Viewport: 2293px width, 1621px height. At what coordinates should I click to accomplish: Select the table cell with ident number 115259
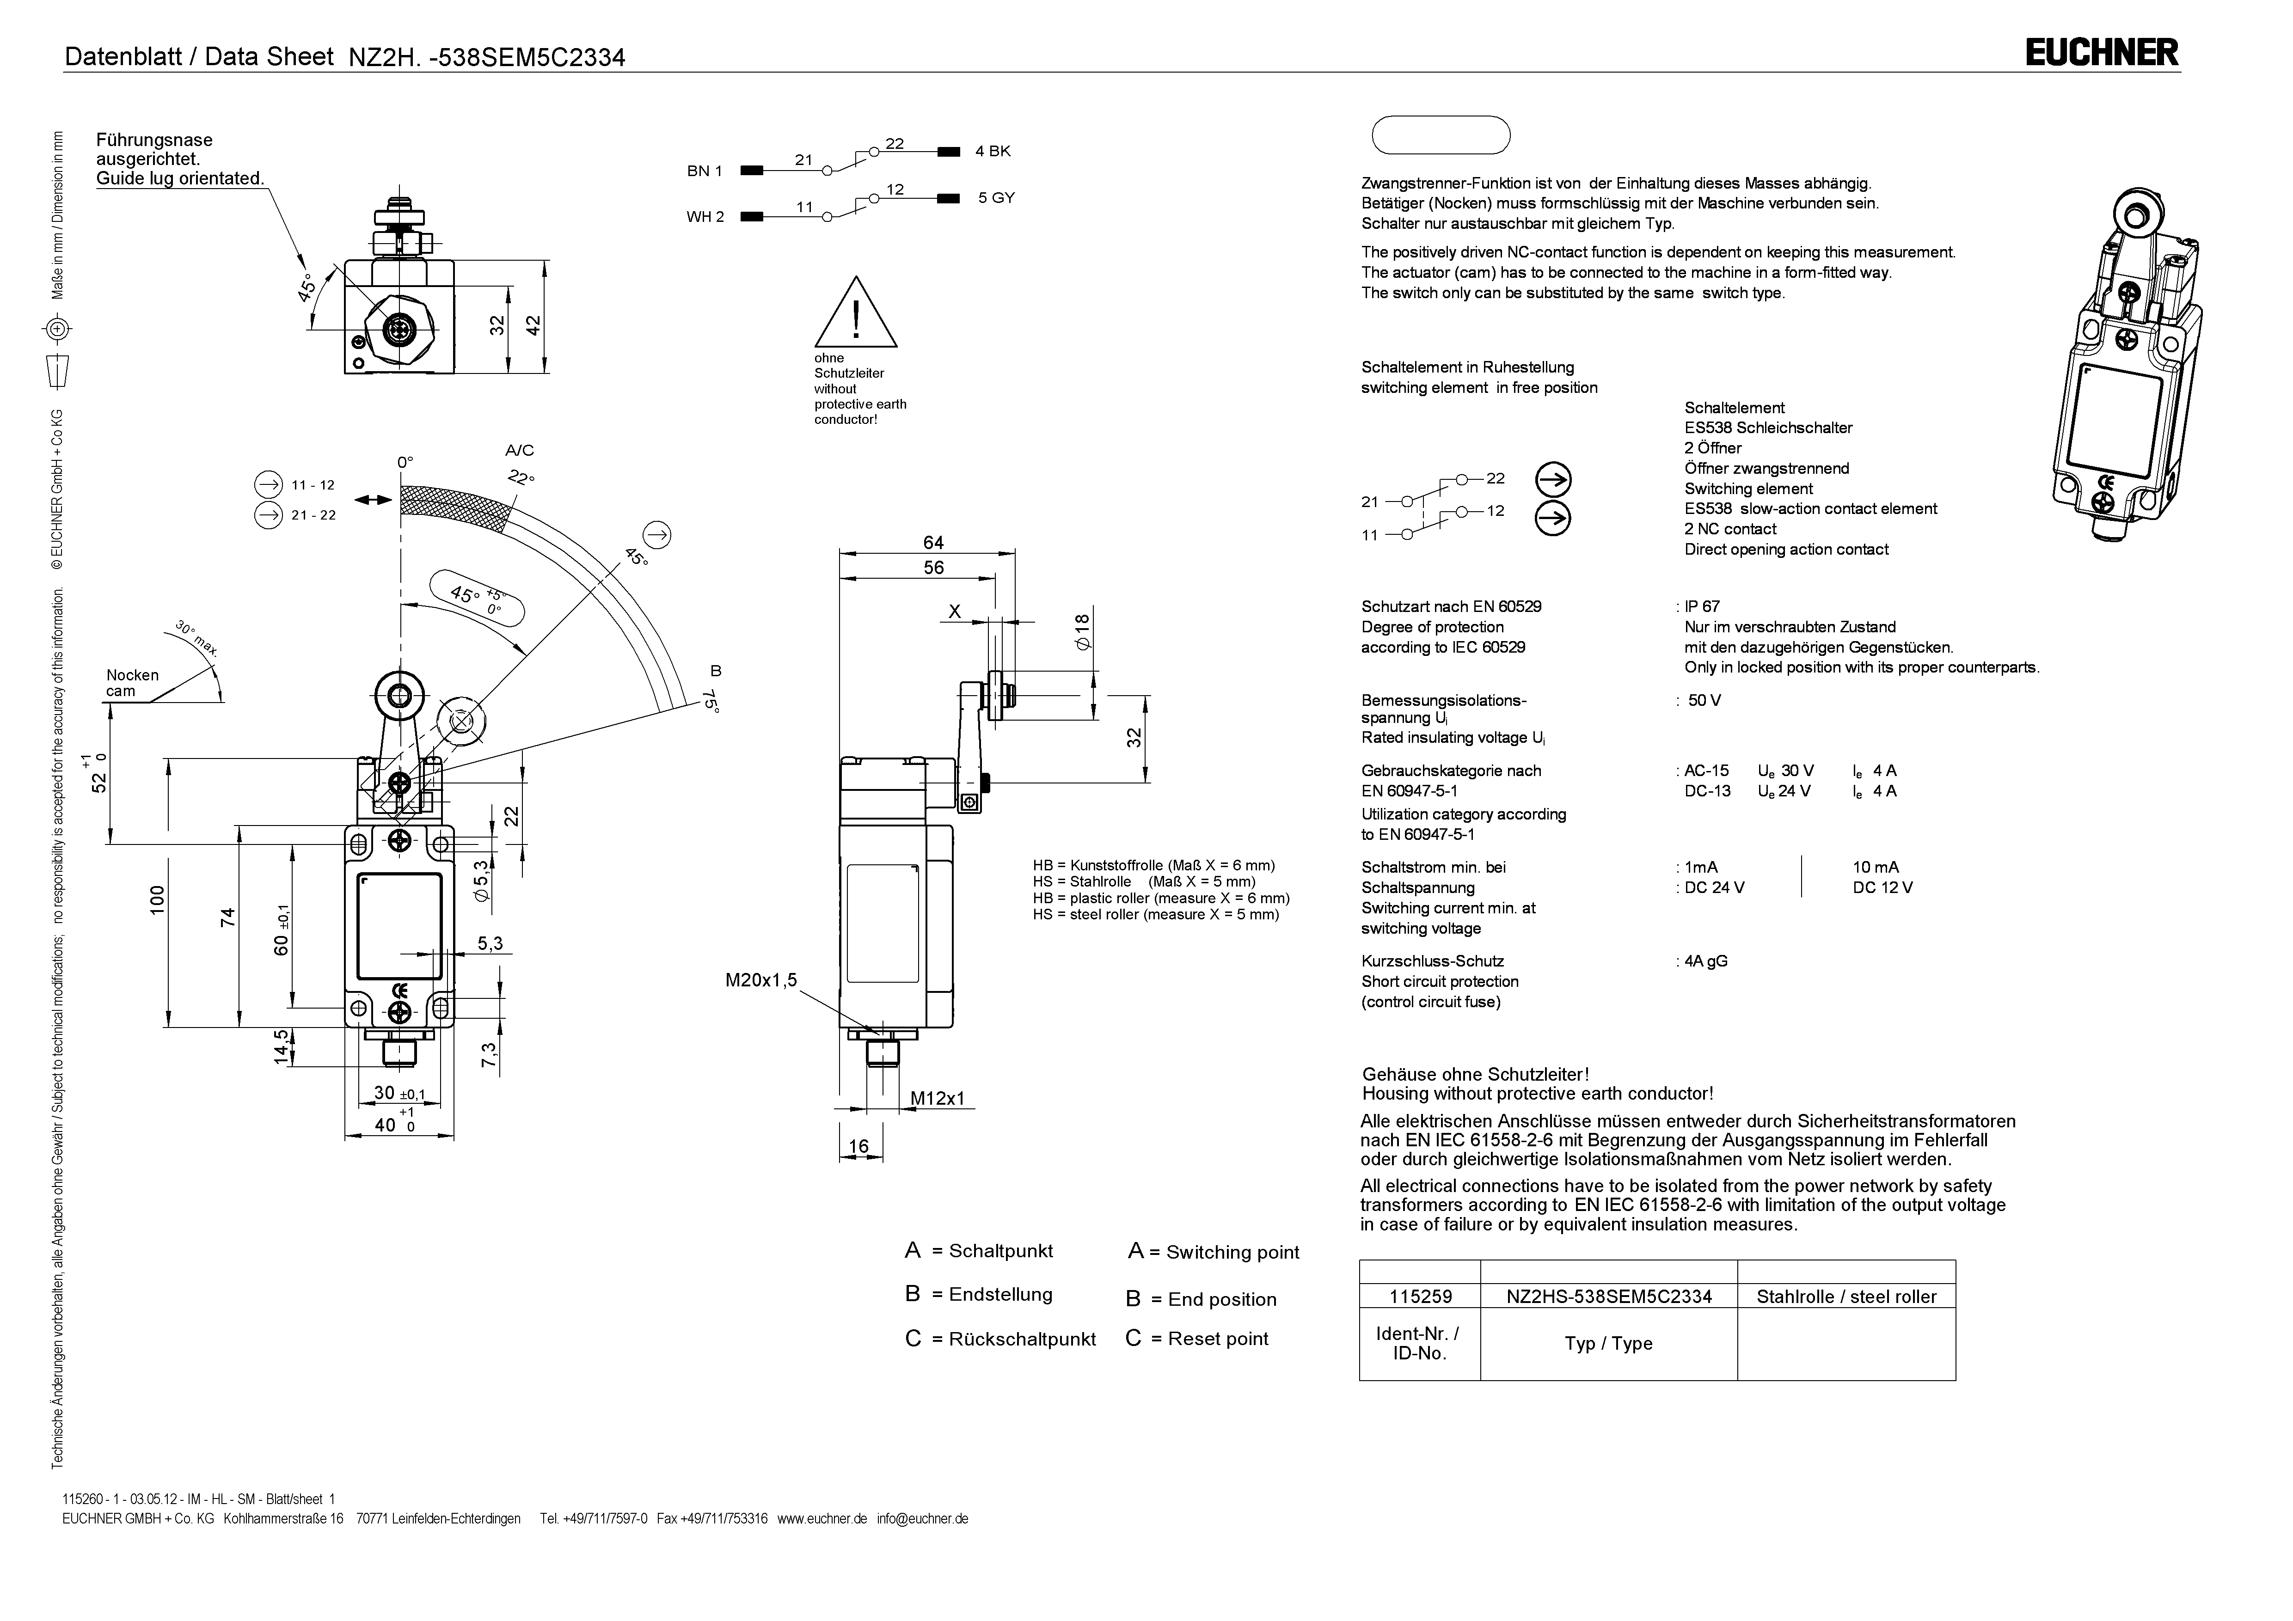click(x=1420, y=1297)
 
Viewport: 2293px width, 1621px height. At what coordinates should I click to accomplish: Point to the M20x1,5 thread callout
click(x=761, y=980)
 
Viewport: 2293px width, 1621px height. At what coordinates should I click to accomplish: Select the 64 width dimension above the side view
click(x=933, y=542)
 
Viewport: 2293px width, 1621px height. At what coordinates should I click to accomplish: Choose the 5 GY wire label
click(x=996, y=198)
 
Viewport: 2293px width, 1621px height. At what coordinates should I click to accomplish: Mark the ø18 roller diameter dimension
click(x=1083, y=632)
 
